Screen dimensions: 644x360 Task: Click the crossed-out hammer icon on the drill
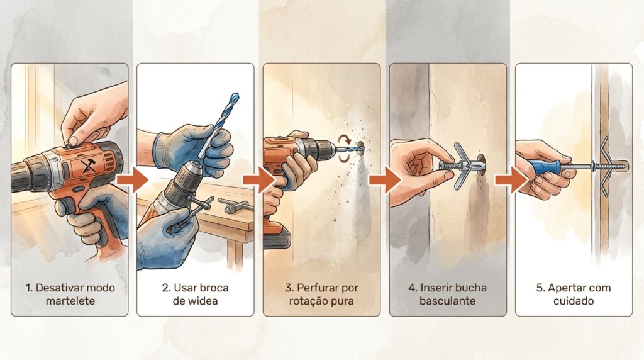[x=88, y=166]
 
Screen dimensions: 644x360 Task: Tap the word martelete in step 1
[x=70, y=301]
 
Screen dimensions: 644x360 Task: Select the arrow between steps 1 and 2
[x=132, y=179]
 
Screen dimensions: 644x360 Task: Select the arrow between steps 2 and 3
[x=258, y=179]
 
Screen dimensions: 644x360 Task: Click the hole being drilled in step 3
[x=360, y=148]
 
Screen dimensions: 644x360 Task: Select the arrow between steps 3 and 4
[x=384, y=179]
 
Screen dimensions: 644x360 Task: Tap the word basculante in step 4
[x=447, y=301]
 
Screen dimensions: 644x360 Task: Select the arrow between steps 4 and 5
[x=511, y=179]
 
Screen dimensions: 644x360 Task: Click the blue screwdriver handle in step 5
[x=544, y=166]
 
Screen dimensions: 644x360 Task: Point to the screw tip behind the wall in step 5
[x=626, y=166]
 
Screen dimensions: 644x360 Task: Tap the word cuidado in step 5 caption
[x=574, y=301]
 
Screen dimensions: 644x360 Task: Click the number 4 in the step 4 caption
[x=412, y=288]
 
